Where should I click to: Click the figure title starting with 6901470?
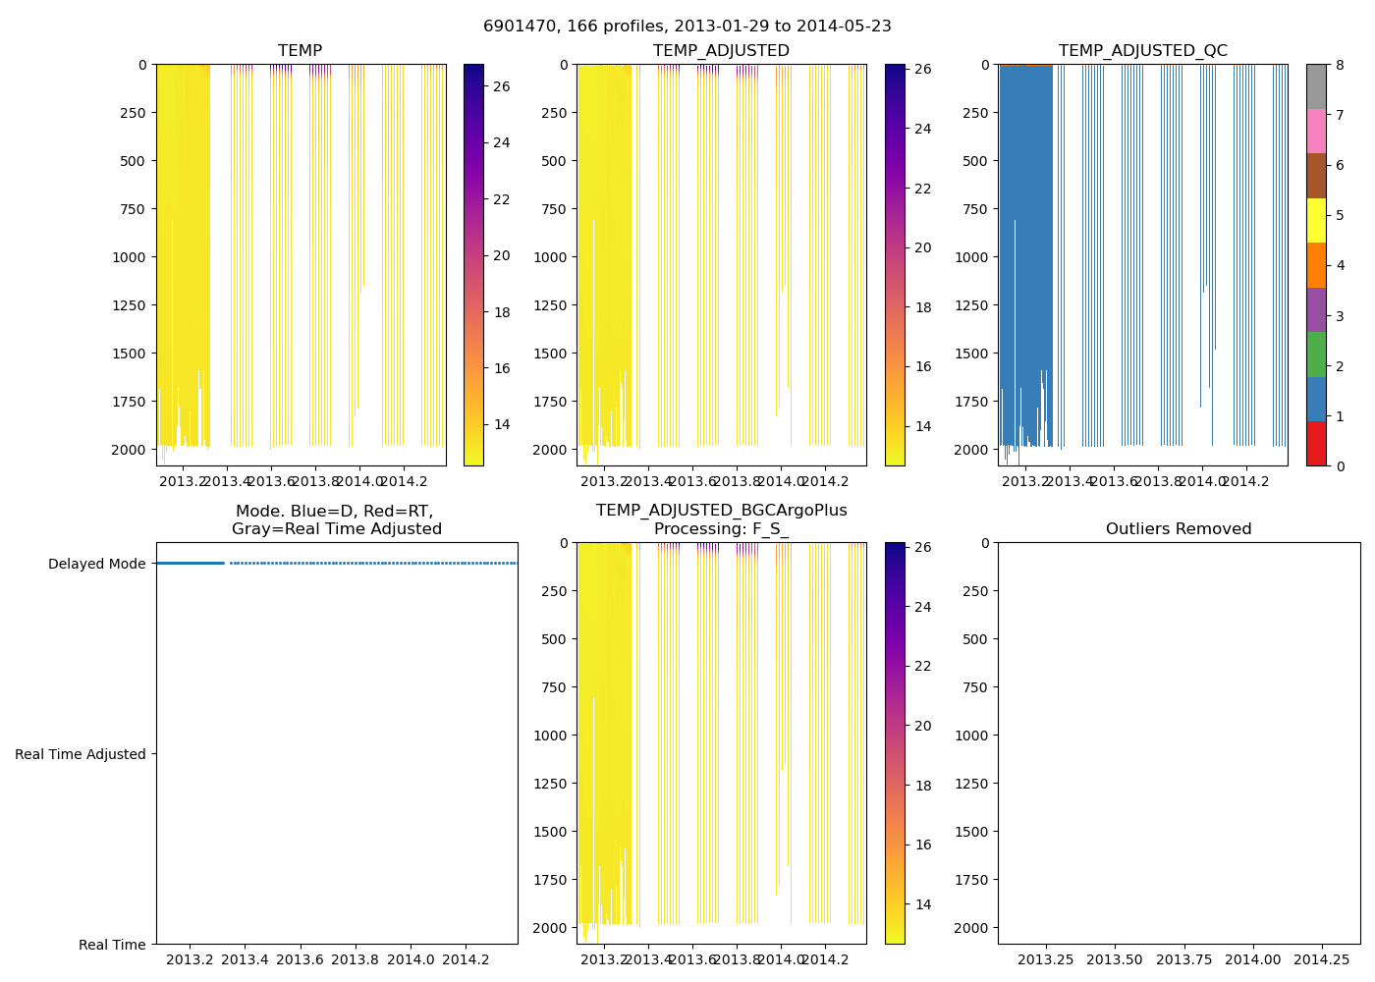click(687, 27)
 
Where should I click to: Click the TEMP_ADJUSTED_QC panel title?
click(1142, 50)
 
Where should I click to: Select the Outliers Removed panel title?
click(1179, 528)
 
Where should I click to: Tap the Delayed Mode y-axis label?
click(96, 564)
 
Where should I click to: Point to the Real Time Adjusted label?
click(81, 754)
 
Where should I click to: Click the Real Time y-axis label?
click(112, 945)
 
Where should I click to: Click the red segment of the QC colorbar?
click(1316, 444)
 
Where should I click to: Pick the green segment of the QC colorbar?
click(1316, 355)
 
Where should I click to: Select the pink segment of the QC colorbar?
click(1316, 132)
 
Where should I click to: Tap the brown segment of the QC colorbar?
click(1316, 176)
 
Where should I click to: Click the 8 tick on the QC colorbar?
click(1340, 65)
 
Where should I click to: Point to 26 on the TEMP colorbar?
click(501, 86)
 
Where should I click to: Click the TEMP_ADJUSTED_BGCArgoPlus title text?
click(721, 511)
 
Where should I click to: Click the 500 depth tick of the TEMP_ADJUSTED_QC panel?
click(976, 161)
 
